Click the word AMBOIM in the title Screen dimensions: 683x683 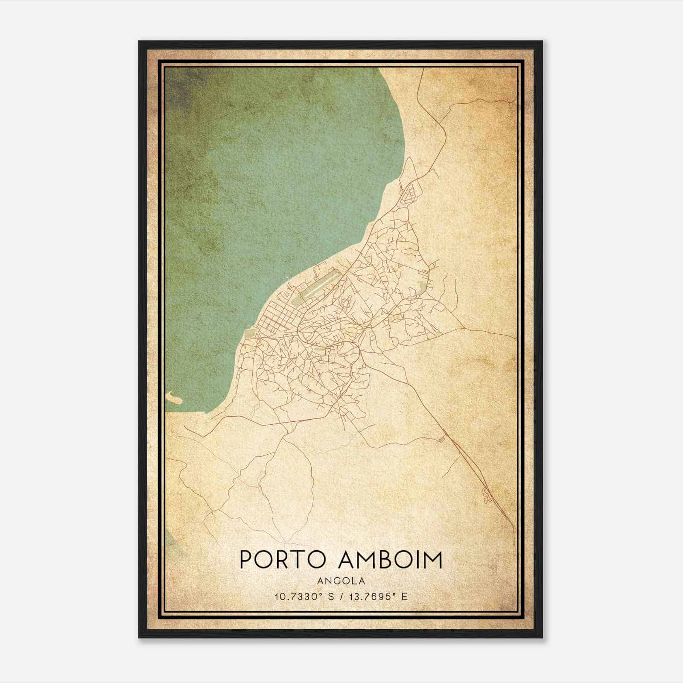coord(390,560)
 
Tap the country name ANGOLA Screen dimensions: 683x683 coord(341,581)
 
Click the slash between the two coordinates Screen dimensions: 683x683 coord(340,596)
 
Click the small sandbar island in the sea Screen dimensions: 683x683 coord(175,399)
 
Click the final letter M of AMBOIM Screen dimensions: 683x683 coord(434,560)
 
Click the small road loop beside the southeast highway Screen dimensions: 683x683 coord(486,495)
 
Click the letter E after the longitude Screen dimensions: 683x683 coord(405,596)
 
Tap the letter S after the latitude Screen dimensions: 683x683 coord(331,596)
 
